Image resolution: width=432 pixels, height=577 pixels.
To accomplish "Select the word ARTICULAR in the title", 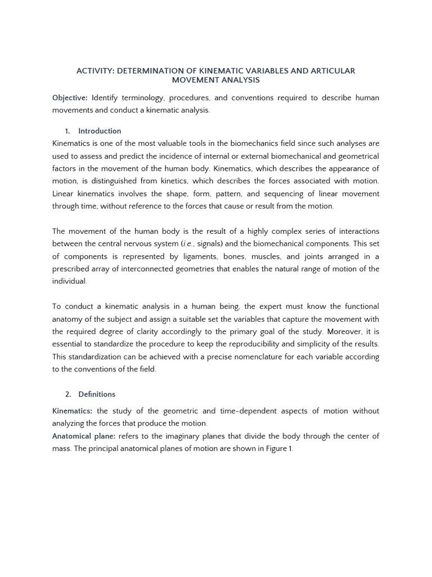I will click(x=332, y=71).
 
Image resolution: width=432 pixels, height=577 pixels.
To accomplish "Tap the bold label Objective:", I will click(x=70, y=98).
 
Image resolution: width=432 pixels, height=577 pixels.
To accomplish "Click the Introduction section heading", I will click(x=100, y=131).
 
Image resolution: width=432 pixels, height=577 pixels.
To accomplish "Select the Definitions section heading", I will click(x=97, y=394).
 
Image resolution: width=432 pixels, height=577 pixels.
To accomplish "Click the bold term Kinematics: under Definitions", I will click(x=73, y=411).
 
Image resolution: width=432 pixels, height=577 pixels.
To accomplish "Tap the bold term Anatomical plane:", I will click(x=84, y=436).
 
